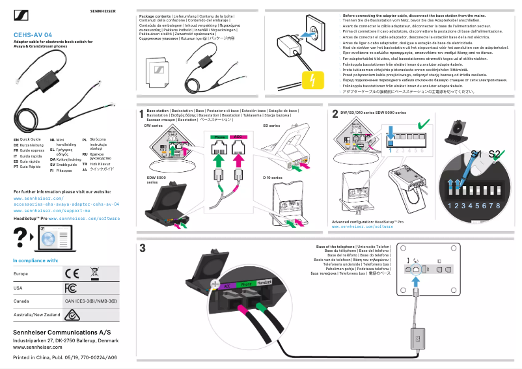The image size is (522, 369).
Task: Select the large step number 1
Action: (141, 115)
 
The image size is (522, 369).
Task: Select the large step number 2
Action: (335, 115)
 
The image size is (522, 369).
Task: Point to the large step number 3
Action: (143, 249)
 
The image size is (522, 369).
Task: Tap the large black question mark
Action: (21, 239)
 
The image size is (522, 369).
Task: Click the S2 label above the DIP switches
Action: (495, 154)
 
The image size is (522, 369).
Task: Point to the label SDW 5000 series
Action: (156, 179)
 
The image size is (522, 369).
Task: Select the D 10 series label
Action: (273, 177)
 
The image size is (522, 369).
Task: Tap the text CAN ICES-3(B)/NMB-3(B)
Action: (90, 301)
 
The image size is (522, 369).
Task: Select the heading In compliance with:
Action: (36, 260)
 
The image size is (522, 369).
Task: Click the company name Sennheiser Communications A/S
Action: (57, 332)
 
